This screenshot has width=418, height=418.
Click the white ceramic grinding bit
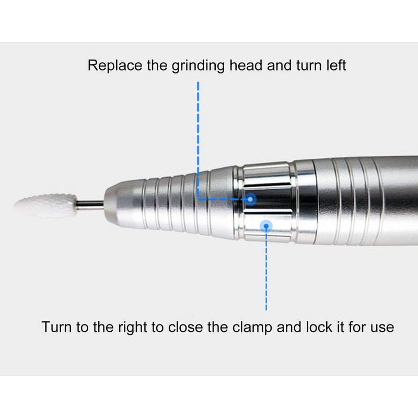46,205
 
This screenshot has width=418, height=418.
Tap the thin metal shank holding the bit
90,205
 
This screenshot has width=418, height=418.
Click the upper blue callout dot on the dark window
250,199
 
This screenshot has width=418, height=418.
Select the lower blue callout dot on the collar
266,226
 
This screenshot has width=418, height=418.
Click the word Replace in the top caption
115,66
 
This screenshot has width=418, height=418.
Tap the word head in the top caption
246,65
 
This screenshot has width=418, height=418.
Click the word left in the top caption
336,65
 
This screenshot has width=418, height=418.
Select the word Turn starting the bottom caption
57,327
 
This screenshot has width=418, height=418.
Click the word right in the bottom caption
133,328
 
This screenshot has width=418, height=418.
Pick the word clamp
252,328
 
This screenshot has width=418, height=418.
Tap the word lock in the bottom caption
319,327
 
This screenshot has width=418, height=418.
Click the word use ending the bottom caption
382,329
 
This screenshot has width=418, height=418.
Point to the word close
185,327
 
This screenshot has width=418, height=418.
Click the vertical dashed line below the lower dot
266,269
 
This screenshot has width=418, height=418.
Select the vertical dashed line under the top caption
198,140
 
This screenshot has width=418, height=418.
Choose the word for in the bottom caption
357,327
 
